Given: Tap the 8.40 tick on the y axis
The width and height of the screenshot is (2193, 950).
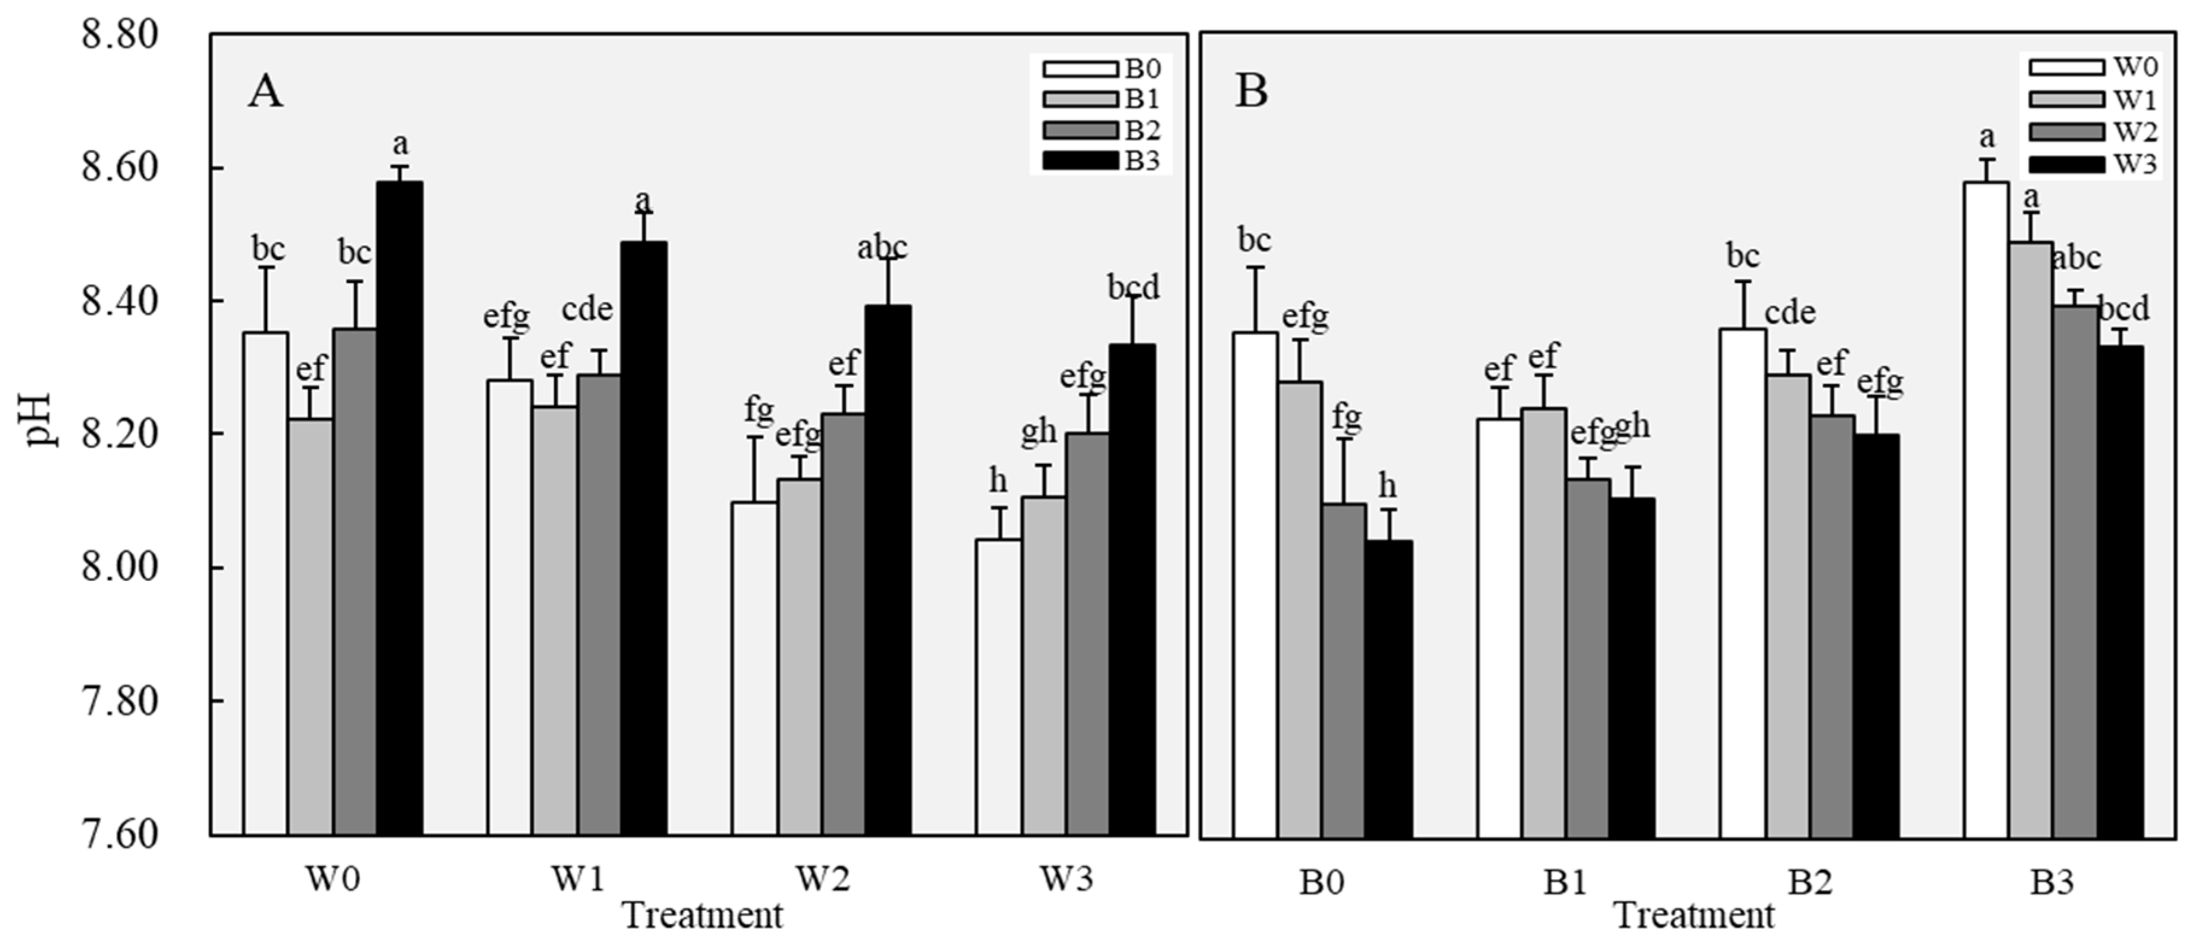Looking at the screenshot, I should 119,302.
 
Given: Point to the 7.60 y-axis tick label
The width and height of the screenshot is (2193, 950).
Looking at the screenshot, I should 119,834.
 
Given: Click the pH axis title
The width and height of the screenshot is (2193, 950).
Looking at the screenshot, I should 39,419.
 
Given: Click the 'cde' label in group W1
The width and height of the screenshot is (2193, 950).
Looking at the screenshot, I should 587,308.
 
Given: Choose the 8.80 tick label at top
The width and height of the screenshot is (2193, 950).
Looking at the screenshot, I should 119,36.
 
